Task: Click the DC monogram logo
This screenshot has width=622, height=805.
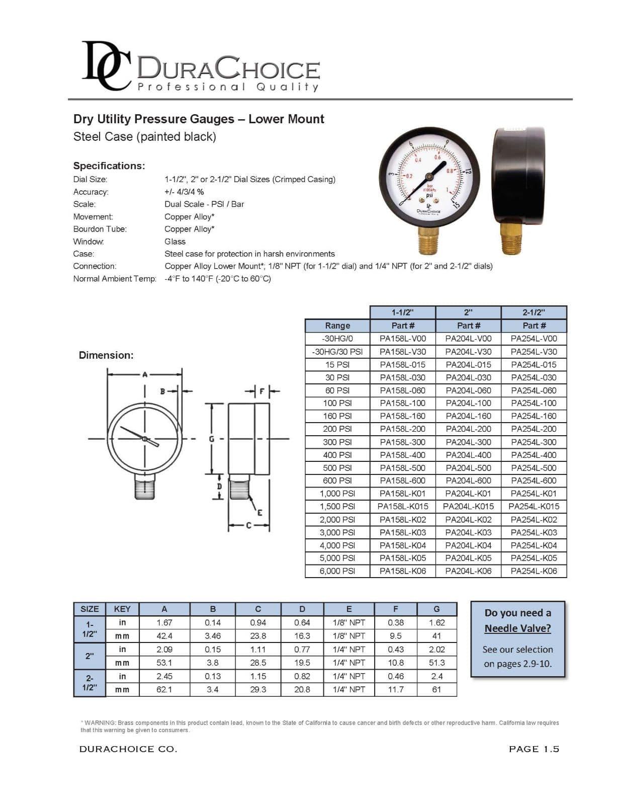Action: [107, 66]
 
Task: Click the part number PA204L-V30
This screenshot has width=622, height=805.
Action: [468, 352]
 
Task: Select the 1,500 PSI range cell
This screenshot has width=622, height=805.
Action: [337, 507]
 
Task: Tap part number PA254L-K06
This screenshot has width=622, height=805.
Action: [534, 571]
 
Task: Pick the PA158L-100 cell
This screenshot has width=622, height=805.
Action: [402, 403]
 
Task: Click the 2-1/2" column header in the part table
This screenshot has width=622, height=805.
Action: [534, 312]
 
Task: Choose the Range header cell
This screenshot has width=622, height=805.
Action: [337, 326]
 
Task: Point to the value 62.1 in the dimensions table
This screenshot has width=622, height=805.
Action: [164, 689]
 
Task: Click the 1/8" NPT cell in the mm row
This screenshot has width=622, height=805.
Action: [348, 636]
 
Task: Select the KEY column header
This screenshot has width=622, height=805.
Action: [122, 609]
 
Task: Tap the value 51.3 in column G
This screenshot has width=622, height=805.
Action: [436, 663]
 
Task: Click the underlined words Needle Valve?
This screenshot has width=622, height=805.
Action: [517, 628]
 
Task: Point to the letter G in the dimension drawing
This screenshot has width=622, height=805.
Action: [212, 439]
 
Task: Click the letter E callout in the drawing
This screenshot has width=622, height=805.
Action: [259, 513]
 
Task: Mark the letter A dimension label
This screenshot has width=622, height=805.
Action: [145, 374]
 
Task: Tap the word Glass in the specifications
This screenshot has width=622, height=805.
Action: [175, 242]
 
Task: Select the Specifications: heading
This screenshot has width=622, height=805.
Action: [109, 166]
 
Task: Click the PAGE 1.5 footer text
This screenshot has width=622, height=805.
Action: [534, 749]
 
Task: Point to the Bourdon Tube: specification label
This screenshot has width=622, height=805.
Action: [100, 229]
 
